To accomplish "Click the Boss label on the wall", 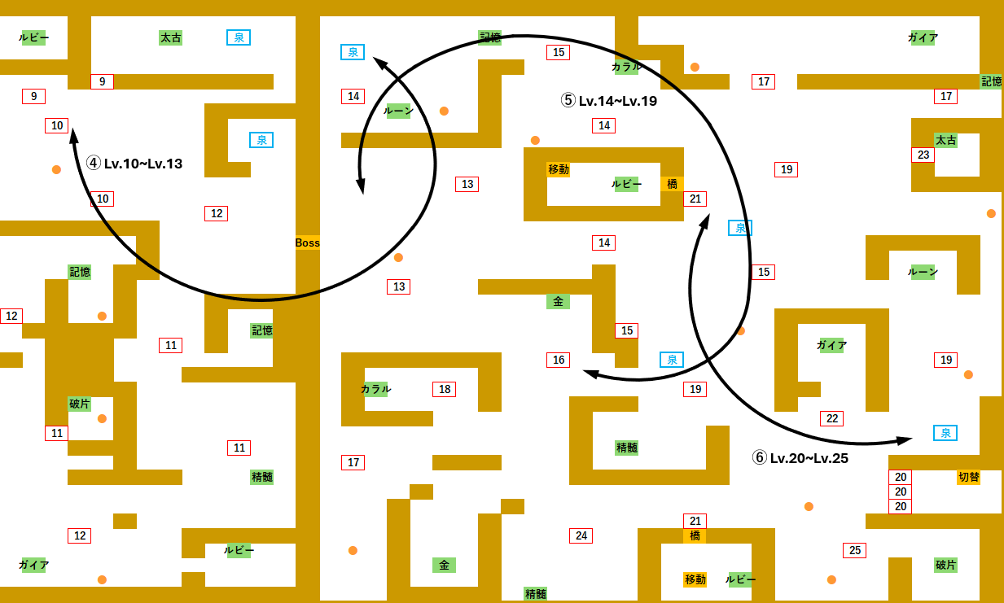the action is click(x=307, y=243).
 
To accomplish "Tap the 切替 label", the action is click(x=968, y=477).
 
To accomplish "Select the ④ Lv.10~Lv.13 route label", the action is click(x=134, y=164).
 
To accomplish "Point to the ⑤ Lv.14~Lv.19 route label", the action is click(x=609, y=101).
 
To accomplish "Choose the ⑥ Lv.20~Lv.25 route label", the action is click(x=800, y=458).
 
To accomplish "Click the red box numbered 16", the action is click(x=558, y=360).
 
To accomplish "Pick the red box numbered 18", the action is click(x=444, y=389).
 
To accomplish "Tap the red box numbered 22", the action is click(x=832, y=418).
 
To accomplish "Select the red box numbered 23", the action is click(x=923, y=155).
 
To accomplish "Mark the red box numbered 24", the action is click(x=581, y=535).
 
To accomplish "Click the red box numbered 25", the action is click(x=855, y=550).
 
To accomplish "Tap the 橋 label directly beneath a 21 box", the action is click(x=695, y=535).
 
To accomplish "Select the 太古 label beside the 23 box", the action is click(x=945, y=140).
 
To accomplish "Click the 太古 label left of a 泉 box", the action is click(x=170, y=37).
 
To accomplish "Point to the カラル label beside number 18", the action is click(x=375, y=389).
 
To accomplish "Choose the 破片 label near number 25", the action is click(x=945, y=565).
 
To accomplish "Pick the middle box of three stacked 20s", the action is click(x=901, y=492).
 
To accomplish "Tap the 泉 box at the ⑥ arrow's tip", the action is click(x=945, y=433).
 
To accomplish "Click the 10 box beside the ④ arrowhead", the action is click(x=56, y=125).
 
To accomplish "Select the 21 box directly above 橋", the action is click(x=695, y=521).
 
